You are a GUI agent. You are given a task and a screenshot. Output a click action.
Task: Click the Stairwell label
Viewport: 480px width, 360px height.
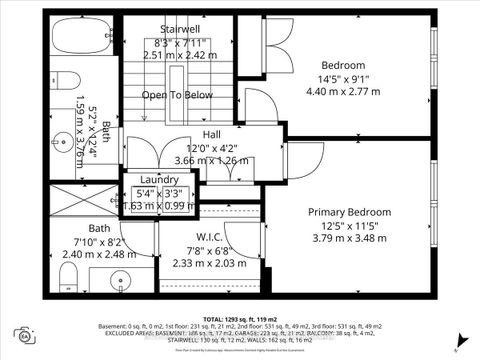coord(182,30)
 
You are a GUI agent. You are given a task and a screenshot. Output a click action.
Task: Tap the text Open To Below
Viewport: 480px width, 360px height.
coord(177,95)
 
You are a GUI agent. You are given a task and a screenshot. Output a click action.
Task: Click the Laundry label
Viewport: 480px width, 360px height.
coord(159,180)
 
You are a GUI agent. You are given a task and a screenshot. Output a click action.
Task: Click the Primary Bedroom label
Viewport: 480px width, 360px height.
coord(349,211)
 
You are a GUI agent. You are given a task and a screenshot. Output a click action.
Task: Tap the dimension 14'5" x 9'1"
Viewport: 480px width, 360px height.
coord(343,79)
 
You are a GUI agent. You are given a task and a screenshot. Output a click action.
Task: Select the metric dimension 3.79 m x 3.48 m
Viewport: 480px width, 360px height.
coord(349,238)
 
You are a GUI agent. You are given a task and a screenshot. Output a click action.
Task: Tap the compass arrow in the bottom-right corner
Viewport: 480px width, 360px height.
coord(455,349)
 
